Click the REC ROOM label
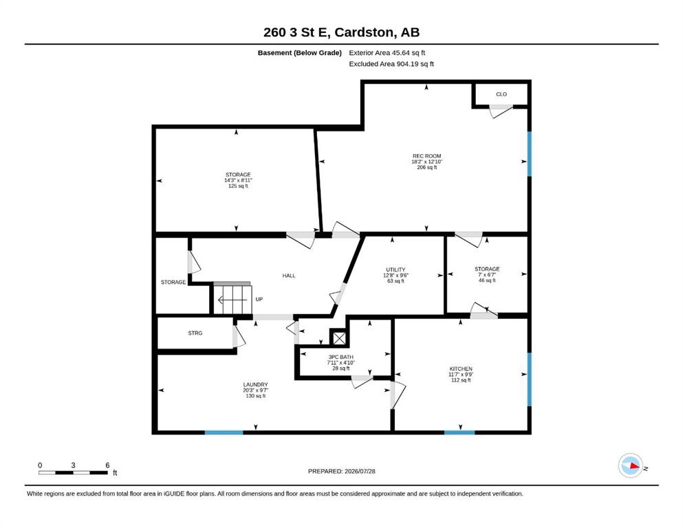pyautogui.click(x=427, y=156)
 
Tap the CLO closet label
pyautogui.click(x=501, y=94)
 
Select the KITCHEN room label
pyautogui.click(x=461, y=368)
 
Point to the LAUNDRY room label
pyautogui.click(x=255, y=385)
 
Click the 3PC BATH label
pyautogui.click(x=341, y=357)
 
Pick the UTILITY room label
pyautogui.click(x=395, y=269)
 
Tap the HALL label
pyautogui.click(x=289, y=276)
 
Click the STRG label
pyautogui.click(x=195, y=333)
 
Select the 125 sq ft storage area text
pyautogui.click(x=238, y=186)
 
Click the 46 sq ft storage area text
pyautogui.click(x=487, y=280)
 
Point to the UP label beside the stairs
pyautogui.click(x=259, y=300)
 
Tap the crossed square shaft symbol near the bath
pyautogui.click(x=339, y=338)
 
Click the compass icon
pyautogui.click(x=630, y=465)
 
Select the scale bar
pyautogui.click(x=73, y=472)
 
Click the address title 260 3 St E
pyautogui.click(x=297, y=32)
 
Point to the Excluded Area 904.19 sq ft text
pyautogui.click(x=391, y=64)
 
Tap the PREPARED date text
pyautogui.click(x=341, y=471)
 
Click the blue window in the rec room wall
pyautogui.click(x=529, y=154)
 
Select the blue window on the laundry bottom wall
pyautogui.click(x=224, y=432)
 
